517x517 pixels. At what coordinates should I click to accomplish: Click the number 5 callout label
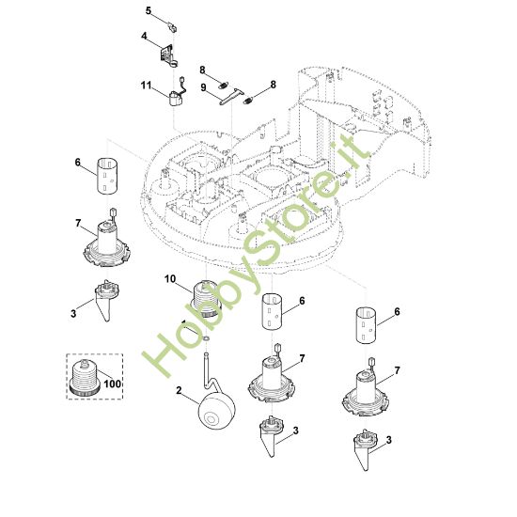(x=149, y=11)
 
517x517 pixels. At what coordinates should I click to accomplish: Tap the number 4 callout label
(x=144, y=36)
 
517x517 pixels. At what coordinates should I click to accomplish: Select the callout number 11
(x=146, y=86)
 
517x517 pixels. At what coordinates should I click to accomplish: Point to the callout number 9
(x=203, y=87)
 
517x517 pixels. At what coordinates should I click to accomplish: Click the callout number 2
(x=179, y=390)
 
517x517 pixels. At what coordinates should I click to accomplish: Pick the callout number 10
(x=170, y=279)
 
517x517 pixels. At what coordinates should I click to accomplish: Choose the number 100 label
(x=113, y=384)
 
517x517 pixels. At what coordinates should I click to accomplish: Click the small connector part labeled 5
(x=171, y=27)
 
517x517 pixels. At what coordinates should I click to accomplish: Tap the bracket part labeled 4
(x=169, y=55)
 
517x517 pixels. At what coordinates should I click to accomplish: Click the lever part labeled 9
(x=231, y=97)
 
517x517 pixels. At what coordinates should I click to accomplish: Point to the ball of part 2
(x=216, y=411)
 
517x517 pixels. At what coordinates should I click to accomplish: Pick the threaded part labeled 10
(x=207, y=298)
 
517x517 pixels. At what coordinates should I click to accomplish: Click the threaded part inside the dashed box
(x=86, y=377)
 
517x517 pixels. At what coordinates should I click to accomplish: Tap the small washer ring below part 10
(x=206, y=338)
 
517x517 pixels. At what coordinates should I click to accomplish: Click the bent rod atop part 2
(x=209, y=372)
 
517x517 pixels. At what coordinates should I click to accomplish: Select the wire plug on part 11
(x=181, y=81)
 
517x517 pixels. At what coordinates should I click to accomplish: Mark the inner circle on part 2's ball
(x=210, y=418)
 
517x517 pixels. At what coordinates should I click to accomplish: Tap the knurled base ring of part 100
(x=86, y=389)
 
